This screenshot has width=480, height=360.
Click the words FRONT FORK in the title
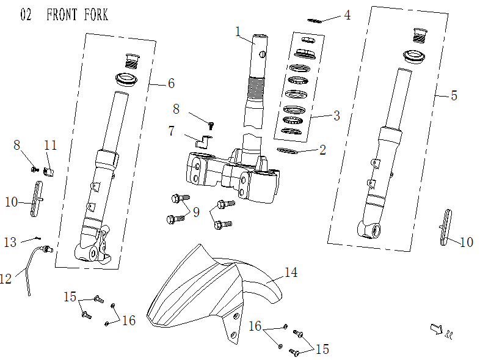[77, 15]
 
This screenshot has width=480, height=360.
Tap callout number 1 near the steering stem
[239, 31]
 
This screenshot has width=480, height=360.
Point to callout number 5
[347, 15]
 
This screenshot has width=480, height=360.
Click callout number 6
[453, 95]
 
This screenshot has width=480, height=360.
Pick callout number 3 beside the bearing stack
[170, 83]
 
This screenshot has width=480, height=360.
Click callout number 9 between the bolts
[196, 212]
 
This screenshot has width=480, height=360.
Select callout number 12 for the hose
[6, 279]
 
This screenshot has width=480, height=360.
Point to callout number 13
[10, 243]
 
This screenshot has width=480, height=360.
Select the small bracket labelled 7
[203, 142]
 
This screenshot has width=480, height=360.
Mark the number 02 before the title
[26, 15]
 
